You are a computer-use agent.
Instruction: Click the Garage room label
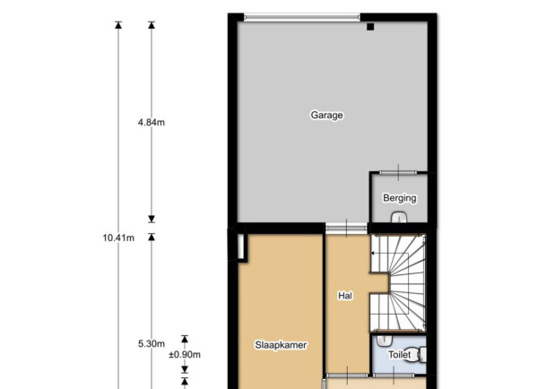tap(326, 116)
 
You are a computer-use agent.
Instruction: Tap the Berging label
tap(400, 198)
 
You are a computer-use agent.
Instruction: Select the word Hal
tap(345, 296)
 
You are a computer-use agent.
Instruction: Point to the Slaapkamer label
tap(281, 345)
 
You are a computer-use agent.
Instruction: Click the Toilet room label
tap(399, 354)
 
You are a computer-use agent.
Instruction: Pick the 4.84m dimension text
tap(152, 123)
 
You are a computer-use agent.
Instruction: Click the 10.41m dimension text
tap(118, 238)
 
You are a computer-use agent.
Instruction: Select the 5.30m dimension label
tap(152, 343)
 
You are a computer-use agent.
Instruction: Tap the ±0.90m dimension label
tap(185, 355)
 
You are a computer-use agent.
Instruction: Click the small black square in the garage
tap(370, 27)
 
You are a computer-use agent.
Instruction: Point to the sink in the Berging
tap(399, 217)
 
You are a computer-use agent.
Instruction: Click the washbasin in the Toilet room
tap(385, 341)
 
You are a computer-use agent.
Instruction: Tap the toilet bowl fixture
tap(418, 355)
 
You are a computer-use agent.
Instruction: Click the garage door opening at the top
tap(302, 17)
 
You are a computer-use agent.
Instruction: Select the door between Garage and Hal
tap(346, 228)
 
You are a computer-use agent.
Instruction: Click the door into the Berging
tap(398, 173)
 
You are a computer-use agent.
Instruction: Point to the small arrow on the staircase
tap(374, 253)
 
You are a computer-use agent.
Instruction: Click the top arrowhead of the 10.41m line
tap(118, 25)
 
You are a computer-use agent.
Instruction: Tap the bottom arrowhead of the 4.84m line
tap(152, 219)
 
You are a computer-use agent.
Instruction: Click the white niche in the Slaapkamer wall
tap(240, 246)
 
